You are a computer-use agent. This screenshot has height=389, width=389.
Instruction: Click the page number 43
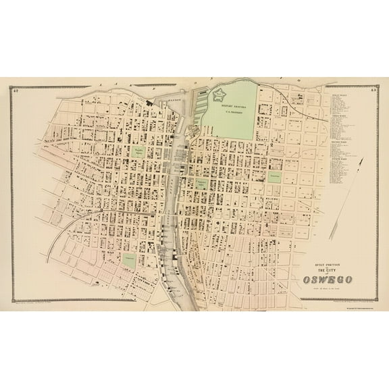[372, 89]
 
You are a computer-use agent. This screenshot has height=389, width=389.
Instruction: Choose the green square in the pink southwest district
[129, 258]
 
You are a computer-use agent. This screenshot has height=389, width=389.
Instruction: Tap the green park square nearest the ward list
[274, 176]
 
